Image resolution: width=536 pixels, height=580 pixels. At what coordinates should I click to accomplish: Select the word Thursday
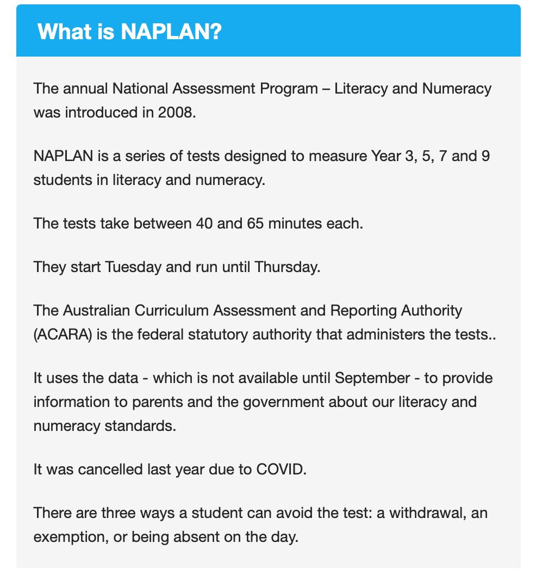click(x=287, y=267)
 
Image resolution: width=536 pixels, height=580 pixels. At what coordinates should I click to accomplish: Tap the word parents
click(x=154, y=402)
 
